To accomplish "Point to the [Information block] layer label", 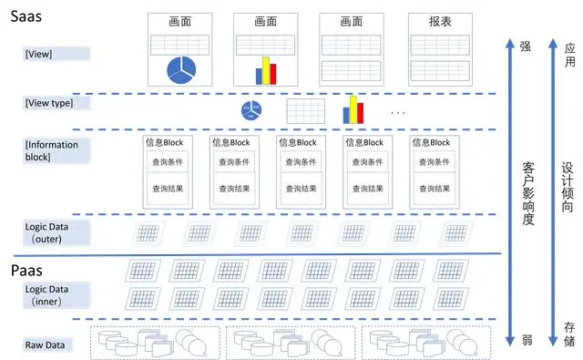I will coord(52,150).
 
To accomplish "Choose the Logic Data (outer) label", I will coord(45,231).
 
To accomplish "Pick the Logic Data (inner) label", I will coord(45,295).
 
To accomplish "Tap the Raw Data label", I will coord(44,345).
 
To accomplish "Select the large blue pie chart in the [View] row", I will coord(181,69).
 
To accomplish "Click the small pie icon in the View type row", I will coord(250,111).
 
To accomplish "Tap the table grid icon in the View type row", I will coord(306,111).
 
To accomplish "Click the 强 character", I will coord(525,46).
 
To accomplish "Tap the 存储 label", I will coord(569,334).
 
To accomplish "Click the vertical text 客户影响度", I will coord(528,194).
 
